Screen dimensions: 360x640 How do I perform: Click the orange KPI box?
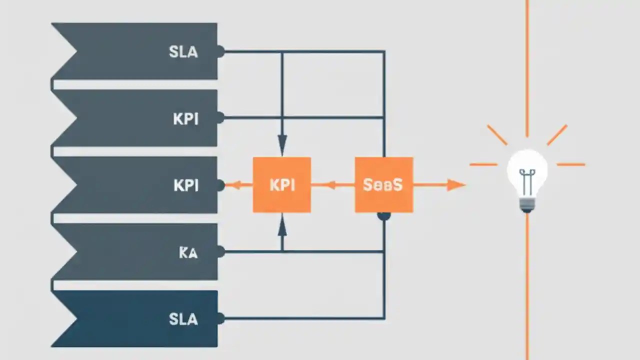(282, 185)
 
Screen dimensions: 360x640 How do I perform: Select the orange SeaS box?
(383, 185)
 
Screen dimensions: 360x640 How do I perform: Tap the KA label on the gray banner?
(188, 252)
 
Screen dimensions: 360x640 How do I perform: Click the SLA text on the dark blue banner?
(183, 319)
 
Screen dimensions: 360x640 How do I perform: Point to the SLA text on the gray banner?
(183, 51)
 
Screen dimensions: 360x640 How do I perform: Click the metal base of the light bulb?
(526, 204)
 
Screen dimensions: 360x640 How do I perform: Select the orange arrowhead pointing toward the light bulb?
(455, 185)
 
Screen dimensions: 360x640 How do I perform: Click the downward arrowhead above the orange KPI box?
(282, 146)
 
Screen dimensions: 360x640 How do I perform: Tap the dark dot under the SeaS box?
(383, 216)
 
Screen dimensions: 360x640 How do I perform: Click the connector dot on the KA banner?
(220, 252)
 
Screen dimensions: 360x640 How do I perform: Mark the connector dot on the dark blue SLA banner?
(220, 318)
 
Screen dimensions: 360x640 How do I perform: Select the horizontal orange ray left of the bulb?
(483, 164)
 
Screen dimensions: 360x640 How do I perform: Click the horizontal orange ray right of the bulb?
(570, 164)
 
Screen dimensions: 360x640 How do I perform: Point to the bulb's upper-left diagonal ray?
(497, 135)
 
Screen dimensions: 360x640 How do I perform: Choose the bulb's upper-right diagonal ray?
(557, 135)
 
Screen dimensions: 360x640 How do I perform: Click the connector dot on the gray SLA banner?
(220, 51)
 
